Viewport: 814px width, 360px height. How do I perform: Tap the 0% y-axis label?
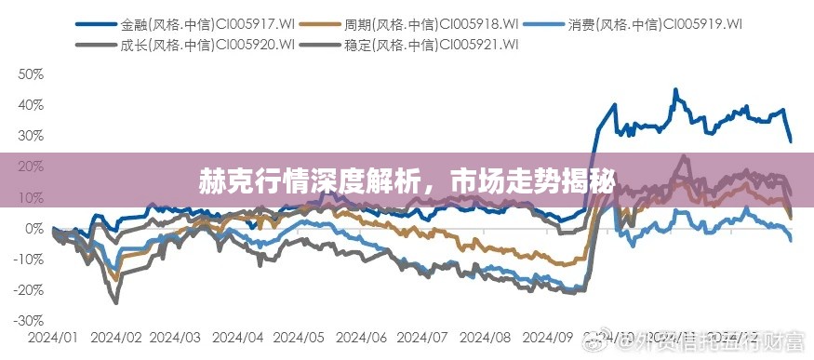(33, 228)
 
